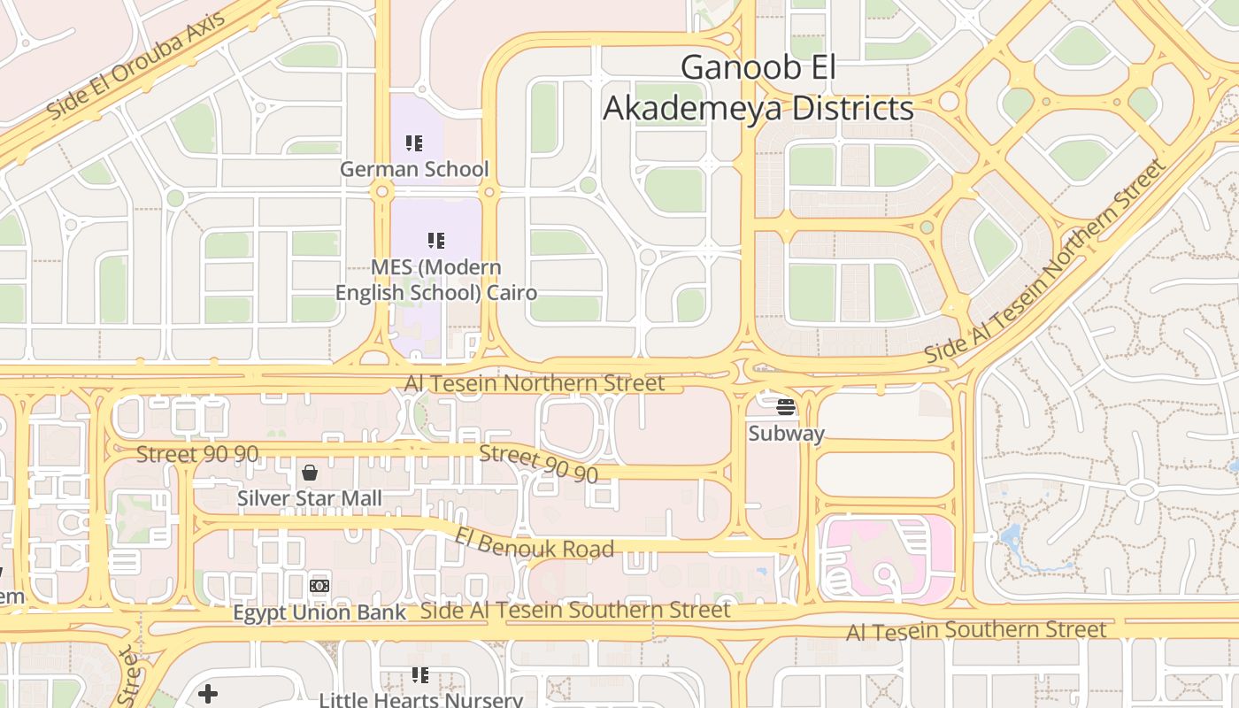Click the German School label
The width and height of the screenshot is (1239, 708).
[414, 168]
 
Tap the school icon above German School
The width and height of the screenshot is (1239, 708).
[414, 142]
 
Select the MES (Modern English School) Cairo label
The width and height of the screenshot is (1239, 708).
[435, 280]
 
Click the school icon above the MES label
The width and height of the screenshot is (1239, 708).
[435, 240]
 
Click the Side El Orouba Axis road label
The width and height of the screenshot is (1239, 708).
[136, 66]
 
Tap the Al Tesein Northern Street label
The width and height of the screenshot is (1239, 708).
[534, 383]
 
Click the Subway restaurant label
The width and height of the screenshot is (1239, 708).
[786, 434]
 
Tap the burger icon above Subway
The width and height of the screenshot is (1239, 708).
[786, 407]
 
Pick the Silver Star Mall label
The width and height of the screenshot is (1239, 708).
[310, 498]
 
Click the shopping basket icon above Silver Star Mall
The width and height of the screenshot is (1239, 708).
[310, 473]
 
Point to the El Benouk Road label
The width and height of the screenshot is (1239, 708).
[535, 543]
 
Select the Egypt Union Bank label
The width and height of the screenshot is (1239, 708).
[319, 612]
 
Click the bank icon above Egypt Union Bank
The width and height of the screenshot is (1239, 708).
[319, 586]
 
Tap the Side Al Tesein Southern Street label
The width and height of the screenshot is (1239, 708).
[575, 610]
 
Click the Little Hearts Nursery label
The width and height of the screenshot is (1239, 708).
[420, 700]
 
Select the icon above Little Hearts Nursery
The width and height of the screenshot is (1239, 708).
[420, 675]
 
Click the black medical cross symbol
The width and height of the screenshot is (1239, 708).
[208, 693]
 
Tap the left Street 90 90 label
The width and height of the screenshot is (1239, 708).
[197, 454]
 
